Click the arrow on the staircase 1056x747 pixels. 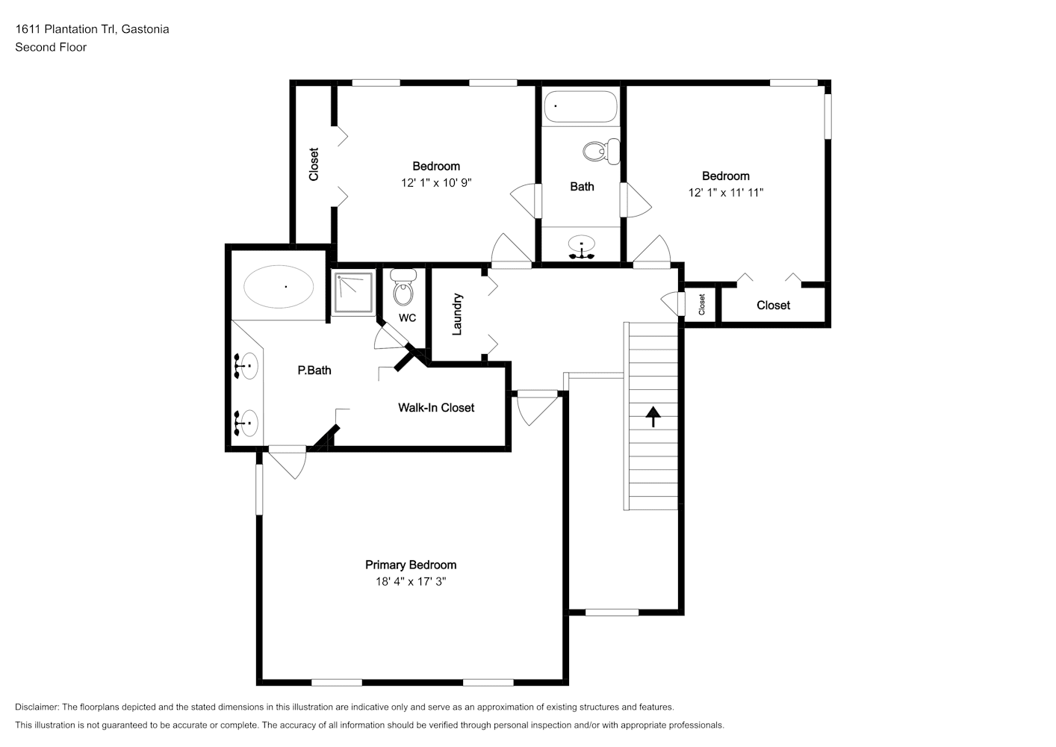pos(653,417)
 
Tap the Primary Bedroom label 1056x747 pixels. pos(411,565)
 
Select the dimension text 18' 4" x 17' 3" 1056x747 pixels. pos(411,581)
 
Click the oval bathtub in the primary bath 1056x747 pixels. pos(278,287)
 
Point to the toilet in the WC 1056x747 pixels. pos(403,287)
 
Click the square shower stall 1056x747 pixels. pos(353,292)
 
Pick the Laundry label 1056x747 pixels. pos(457,314)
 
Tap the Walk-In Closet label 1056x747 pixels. pos(436,407)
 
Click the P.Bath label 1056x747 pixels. pos(314,371)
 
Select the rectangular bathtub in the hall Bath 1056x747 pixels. pos(581,107)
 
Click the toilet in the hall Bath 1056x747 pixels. pos(601,152)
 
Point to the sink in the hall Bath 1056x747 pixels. pos(581,247)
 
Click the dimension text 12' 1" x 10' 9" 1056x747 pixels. pos(436,182)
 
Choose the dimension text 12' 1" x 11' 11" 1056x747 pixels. pos(725,193)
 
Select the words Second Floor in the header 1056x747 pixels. pos(51,47)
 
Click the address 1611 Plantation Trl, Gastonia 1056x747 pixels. pos(93,29)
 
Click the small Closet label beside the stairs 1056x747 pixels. pos(701,305)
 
